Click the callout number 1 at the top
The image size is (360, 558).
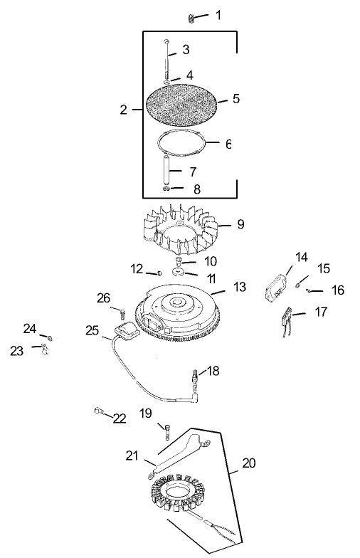(x=218, y=15)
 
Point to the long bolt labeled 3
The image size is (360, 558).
(x=166, y=60)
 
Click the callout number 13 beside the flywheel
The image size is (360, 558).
(x=240, y=287)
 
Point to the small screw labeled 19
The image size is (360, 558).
(x=166, y=430)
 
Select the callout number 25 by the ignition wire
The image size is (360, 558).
(x=92, y=331)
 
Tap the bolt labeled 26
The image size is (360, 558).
(x=124, y=311)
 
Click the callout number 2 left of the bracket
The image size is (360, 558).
(x=123, y=110)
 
